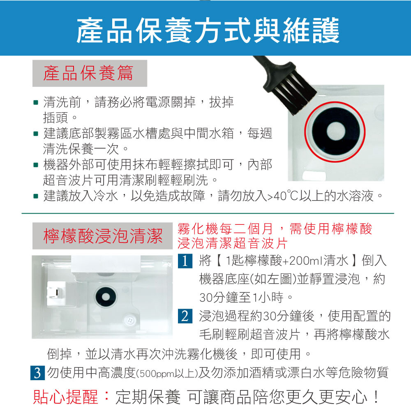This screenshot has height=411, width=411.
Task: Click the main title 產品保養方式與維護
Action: tap(208, 30)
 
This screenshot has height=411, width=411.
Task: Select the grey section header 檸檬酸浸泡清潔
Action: tap(102, 236)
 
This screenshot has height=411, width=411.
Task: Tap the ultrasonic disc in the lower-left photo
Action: tap(106, 296)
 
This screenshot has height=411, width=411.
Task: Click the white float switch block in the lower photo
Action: tap(56, 293)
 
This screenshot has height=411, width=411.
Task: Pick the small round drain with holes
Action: tap(130, 320)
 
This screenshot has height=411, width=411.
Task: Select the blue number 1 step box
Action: tap(185, 261)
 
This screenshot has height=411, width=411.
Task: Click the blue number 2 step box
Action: tap(185, 316)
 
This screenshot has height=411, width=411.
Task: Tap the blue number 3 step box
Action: tap(37, 373)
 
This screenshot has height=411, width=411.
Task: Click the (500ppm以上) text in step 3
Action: tap(167, 374)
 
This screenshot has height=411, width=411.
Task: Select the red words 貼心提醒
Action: tap(66, 397)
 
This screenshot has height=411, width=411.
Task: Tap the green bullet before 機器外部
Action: tap(36, 165)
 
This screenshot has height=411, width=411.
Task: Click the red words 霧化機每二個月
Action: tap(225, 229)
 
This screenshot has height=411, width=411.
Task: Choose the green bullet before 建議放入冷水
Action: tap(36, 196)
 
